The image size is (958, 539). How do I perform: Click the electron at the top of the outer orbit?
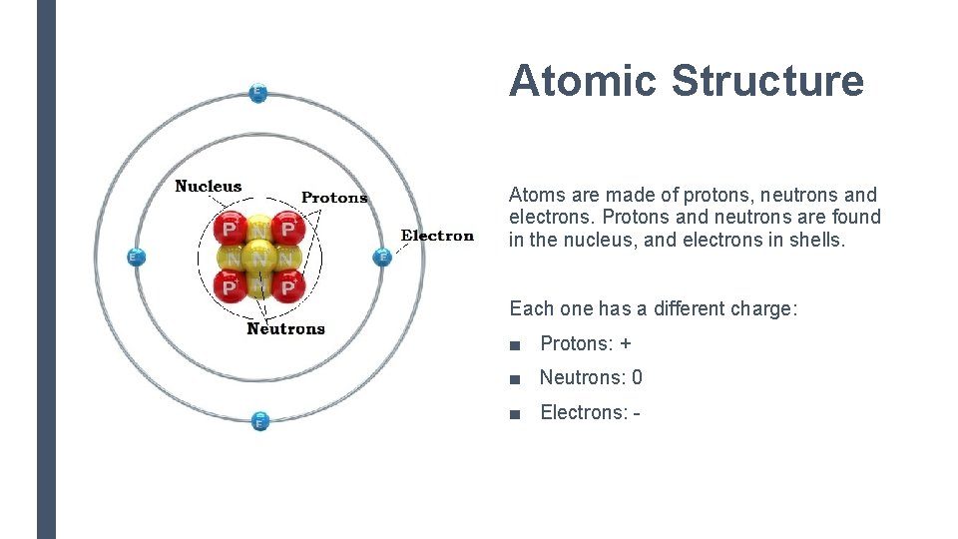(x=257, y=93)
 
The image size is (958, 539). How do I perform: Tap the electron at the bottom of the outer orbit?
(x=259, y=420)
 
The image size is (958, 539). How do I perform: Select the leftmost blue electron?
(x=136, y=258)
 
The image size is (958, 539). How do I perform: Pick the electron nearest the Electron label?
(x=381, y=258)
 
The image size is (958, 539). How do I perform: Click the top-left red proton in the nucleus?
(x=231, y=230)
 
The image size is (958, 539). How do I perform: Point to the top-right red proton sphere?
(x=288, y=230)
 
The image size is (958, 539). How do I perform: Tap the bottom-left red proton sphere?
(x=231, y=287)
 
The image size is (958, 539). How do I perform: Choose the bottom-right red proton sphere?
(x=288, y=287)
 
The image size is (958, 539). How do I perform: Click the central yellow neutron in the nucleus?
(x=259, y=259)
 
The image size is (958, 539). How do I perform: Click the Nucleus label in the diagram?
(x=208, y=186)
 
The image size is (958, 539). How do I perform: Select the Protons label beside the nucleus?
(x=334, y=198)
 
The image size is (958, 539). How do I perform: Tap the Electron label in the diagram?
(x=437, y=236)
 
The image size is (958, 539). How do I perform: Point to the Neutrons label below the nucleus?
(x=285, y=328)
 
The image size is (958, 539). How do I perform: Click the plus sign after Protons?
(x=626, y=344)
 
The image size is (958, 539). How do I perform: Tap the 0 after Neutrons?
(x=637, y=378)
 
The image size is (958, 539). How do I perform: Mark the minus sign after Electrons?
(x=636, y=412)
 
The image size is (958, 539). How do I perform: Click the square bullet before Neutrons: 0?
(x=514, y=378)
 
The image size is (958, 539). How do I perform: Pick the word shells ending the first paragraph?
(x=814, y=240)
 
